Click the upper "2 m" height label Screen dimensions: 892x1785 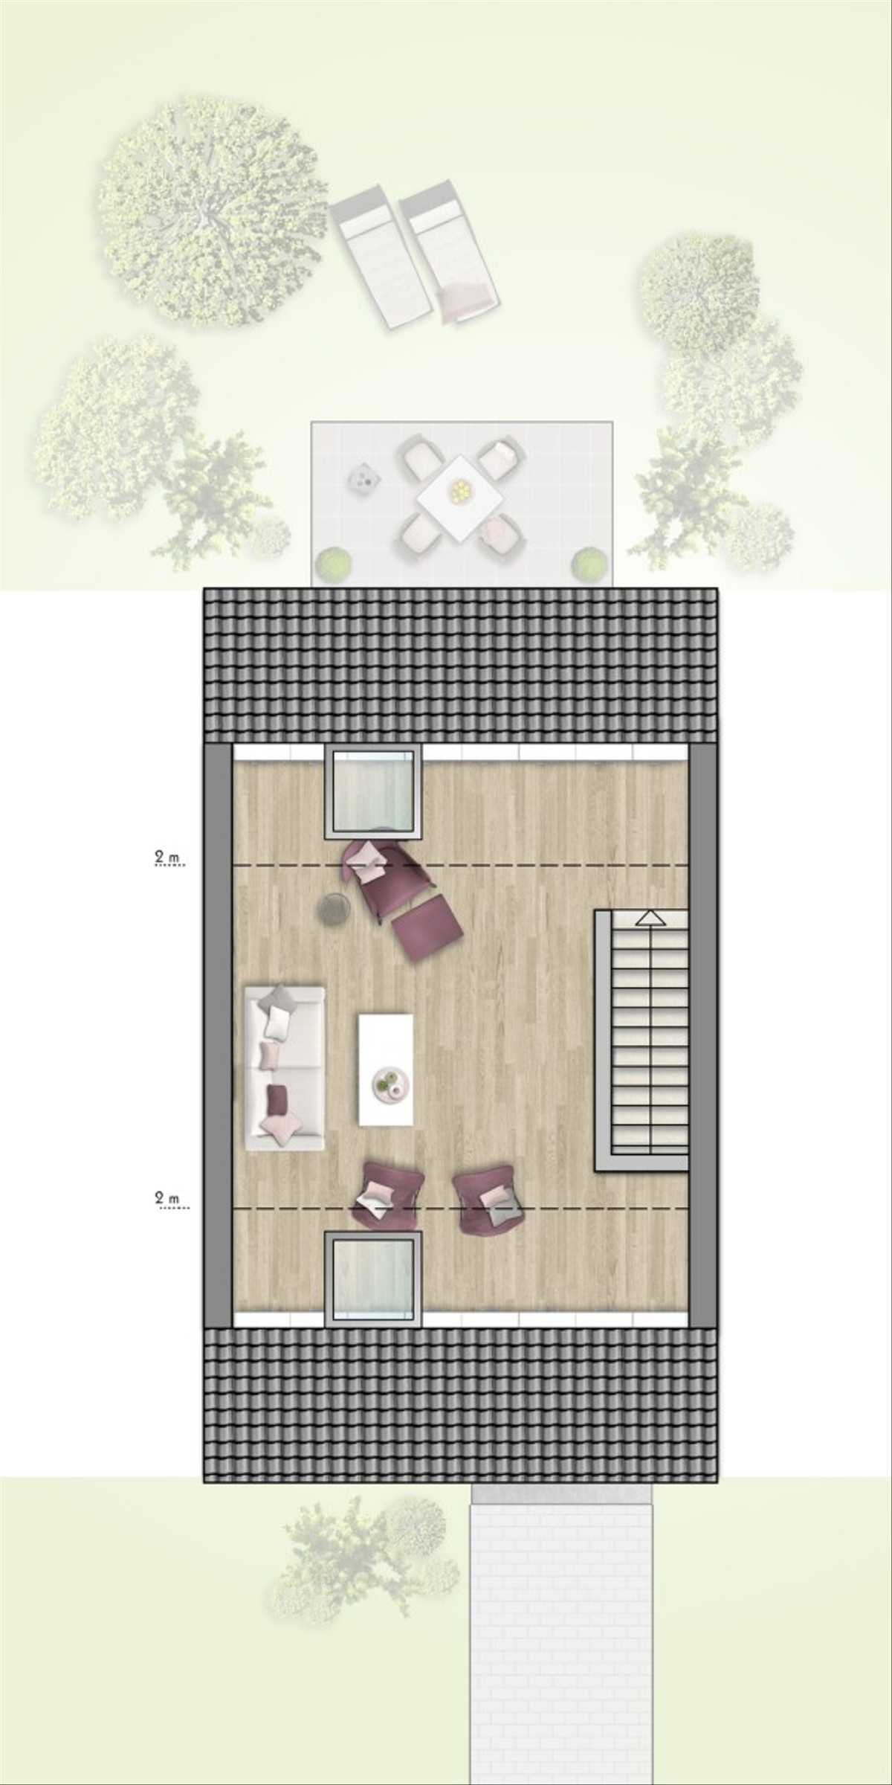[168, 858]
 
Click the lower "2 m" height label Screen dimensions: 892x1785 [168, 1198]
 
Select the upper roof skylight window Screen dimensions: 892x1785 [373, 793]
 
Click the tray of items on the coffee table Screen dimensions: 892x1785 [390, 1082]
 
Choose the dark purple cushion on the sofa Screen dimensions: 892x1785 [277, 1100]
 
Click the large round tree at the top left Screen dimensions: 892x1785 [211, 211]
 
